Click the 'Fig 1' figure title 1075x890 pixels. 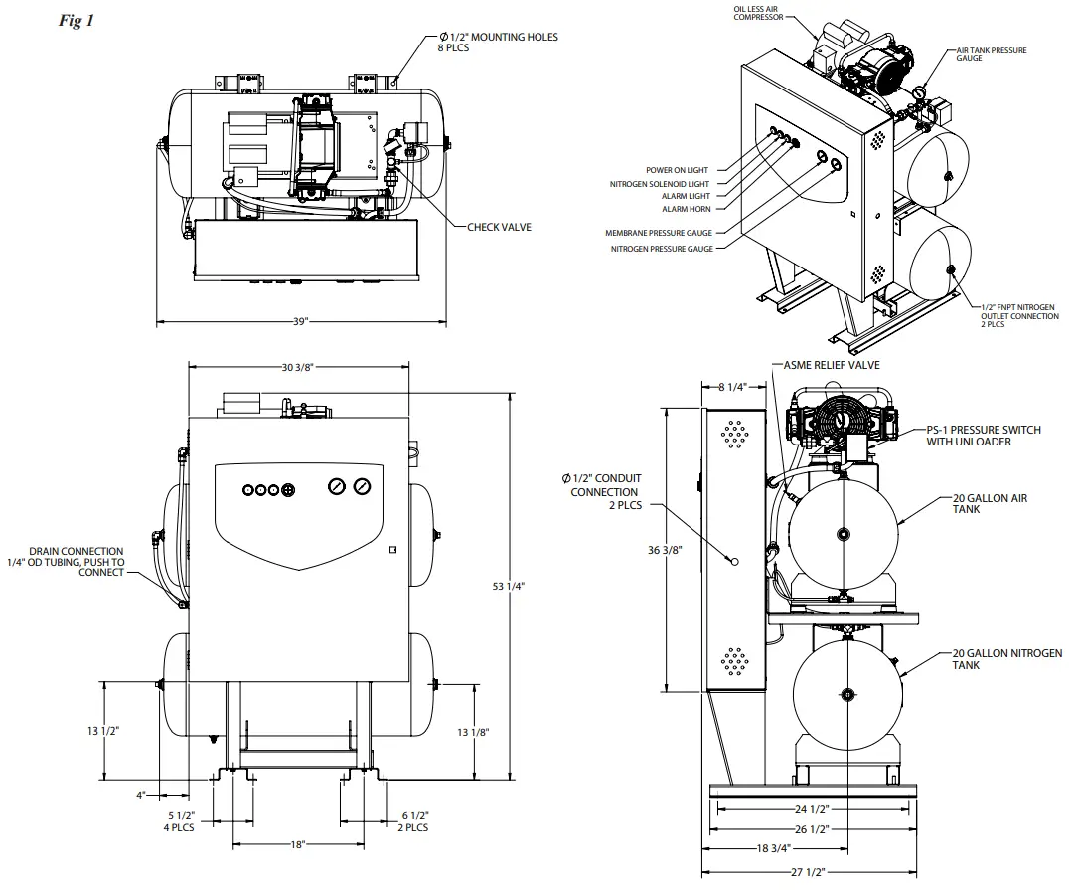pos(77,21)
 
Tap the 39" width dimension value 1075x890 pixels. pos(302,322)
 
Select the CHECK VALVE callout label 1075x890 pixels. pos(499,227)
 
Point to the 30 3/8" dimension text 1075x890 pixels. pos(297,367)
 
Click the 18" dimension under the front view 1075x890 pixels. pos(297,844)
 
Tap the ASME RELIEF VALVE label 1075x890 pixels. pos(832,365)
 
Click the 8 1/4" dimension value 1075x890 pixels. pos(732,388)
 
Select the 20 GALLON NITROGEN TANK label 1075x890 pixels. pos(1006,659)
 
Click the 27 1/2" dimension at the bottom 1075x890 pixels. pos(810,873)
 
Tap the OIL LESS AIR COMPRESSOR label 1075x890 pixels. pos(758,12)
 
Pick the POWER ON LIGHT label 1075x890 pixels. pos(677,170)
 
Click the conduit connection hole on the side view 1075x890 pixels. pos(734,561)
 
